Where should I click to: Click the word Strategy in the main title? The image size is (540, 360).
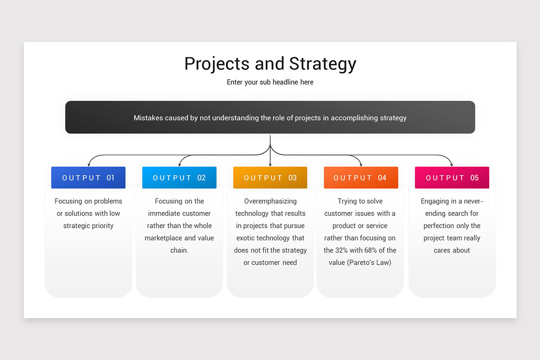(x=323, y=64)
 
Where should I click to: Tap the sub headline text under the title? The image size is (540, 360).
(x=270, y=82)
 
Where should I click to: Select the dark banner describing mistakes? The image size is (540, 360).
(x=270, y=117)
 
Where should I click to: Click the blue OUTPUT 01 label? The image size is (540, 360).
(x=88, y=178)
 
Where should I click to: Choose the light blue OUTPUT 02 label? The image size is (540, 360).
(x=179, y=178)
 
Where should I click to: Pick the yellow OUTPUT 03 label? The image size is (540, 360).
(x=270, y=178)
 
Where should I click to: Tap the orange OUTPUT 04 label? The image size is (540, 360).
(x=361, y=178)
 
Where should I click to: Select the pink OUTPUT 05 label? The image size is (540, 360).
(x=452, y=178)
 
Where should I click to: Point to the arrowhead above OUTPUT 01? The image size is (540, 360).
(x=89, y=165)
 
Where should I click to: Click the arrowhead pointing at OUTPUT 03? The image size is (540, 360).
(x=270, y=165)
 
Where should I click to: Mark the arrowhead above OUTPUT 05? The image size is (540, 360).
(x=452, y=165)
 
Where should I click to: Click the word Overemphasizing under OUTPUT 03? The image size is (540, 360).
(x=270, y=201)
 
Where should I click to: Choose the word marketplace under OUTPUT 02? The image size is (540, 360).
(x=163, y=238)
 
